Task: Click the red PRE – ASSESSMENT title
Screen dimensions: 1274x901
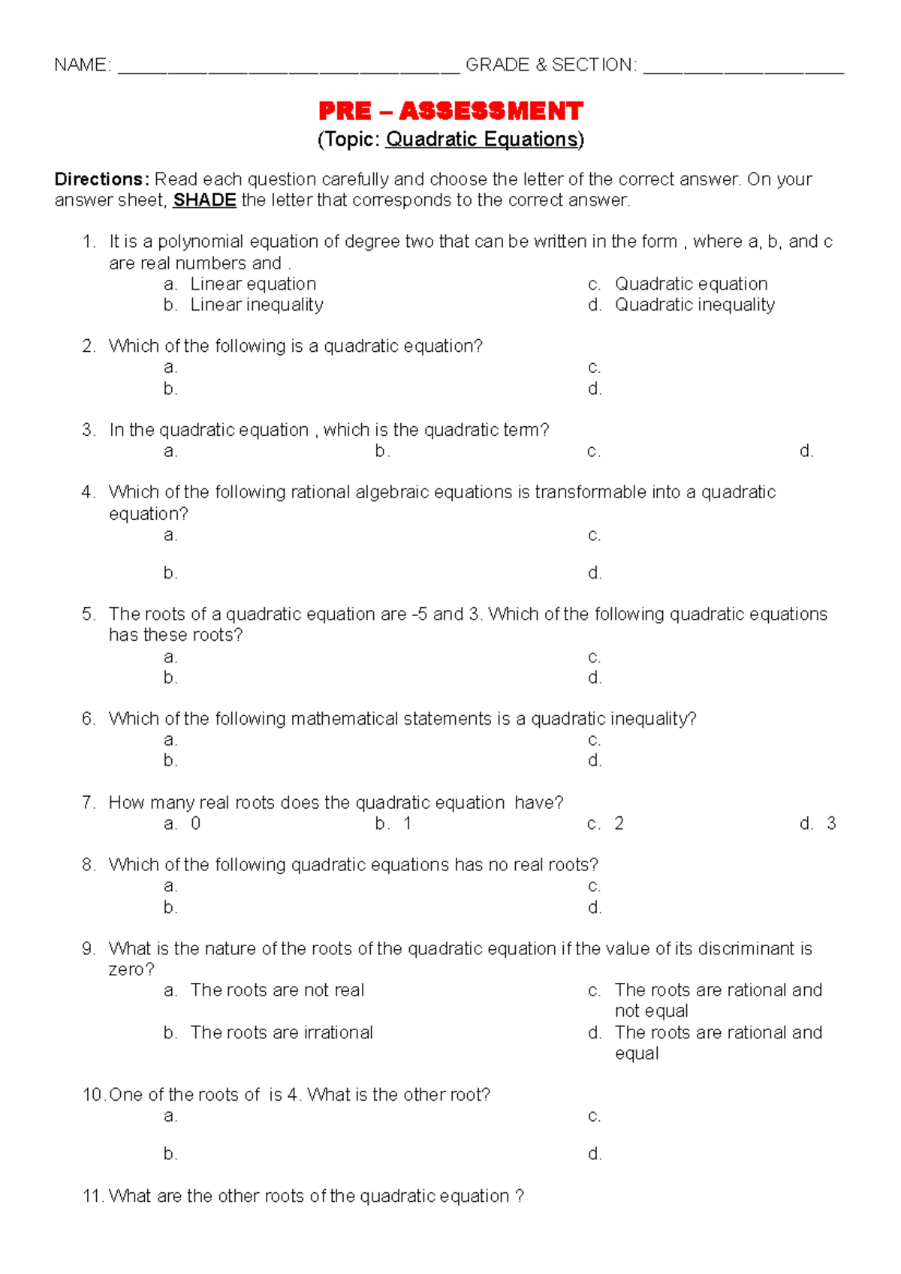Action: tap(450, 111)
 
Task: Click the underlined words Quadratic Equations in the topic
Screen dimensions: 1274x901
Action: tap(482, 140)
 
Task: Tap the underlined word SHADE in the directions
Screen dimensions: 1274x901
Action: tap(204, 200)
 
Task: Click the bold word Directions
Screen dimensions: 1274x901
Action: tap(101, 179)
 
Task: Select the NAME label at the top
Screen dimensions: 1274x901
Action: tap(82, 65)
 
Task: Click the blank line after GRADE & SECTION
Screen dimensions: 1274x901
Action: tap(743, 68)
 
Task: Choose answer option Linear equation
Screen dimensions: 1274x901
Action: tap(253, 284)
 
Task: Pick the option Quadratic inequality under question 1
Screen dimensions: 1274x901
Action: tap(695, 305)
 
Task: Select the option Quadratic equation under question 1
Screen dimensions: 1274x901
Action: tap(691, 284)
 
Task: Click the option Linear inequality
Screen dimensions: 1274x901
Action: tap(257, 305)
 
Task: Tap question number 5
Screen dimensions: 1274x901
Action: tap(89, 614)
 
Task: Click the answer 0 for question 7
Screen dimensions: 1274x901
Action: tap(196, 823)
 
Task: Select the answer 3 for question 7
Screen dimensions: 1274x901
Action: tap(831, 823)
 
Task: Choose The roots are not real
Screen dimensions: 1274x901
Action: tap(277, 990)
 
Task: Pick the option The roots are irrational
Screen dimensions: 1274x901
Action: tap(282, 1032)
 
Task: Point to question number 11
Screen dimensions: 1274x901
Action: tap(92, 1196)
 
